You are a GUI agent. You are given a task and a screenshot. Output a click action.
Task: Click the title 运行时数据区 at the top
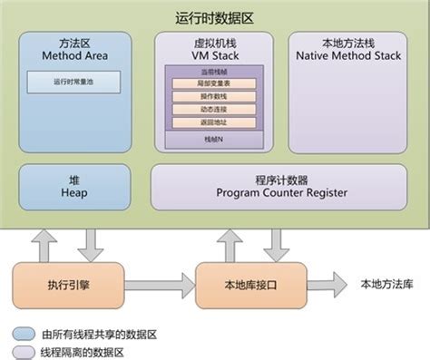[215, 18]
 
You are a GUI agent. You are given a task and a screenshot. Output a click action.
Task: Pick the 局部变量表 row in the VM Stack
[214, 83]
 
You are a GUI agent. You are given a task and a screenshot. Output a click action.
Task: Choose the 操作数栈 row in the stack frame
[214, 96]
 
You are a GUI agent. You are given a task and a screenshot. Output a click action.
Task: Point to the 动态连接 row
[214, 109]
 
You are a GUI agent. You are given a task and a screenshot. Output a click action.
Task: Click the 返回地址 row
[214, 122]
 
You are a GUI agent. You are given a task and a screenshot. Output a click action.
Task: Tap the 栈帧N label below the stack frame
[214, 140]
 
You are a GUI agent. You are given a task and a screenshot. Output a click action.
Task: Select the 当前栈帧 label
[214, 71]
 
